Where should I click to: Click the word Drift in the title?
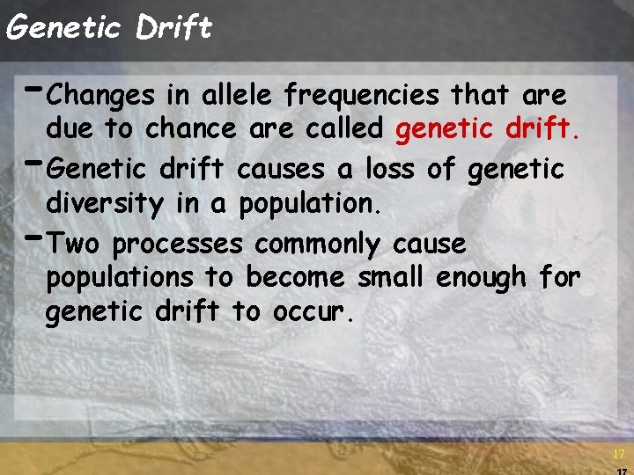click(174, 27)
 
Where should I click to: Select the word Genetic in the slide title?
click(63, 27)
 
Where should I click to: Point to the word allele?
click(231, 94)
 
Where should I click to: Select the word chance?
click(190, 129)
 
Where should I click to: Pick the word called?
click(343, 129)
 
